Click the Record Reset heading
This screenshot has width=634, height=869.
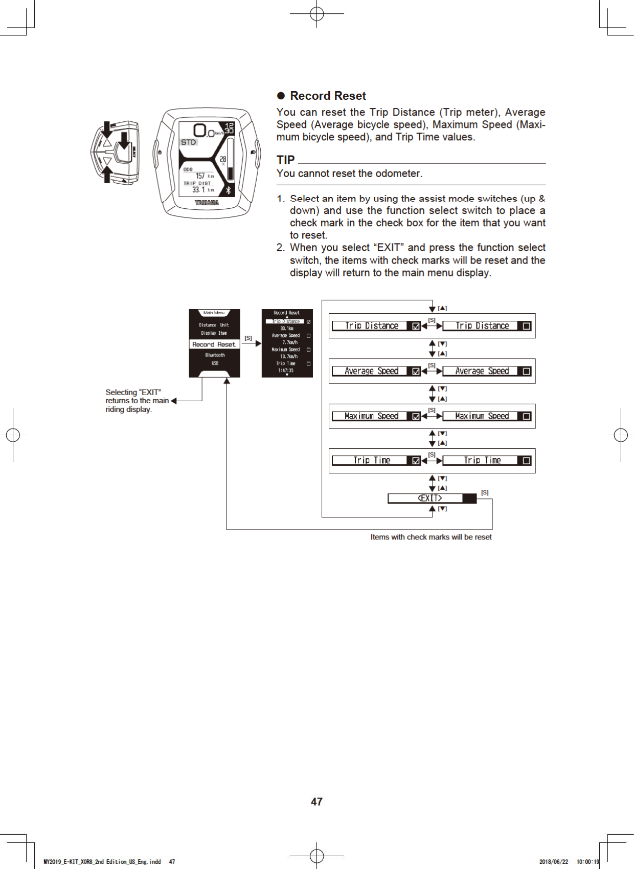pos(328,96)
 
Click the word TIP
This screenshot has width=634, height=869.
pos(285,160)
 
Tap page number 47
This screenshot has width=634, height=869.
pos(316,801)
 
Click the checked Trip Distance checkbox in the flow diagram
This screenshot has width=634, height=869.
pos(416,326)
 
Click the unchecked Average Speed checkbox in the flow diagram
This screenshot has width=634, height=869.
pos(526,372)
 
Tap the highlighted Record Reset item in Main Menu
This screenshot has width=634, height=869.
pos(214,344)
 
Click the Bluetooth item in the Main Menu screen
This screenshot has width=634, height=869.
pos(215,355)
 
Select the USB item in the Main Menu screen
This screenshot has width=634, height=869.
pos(215,363)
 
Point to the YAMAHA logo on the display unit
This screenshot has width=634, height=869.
pos(207,203)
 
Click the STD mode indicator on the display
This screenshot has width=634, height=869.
pos(189,142)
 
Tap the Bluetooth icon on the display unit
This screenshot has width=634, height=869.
pos(228,190)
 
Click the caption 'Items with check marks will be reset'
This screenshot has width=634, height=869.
pos(431,537)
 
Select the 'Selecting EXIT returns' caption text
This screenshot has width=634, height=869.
pos(137,401)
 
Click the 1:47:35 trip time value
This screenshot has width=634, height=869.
pos(286,371)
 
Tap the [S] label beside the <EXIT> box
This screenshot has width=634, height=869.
pos(485,493)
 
